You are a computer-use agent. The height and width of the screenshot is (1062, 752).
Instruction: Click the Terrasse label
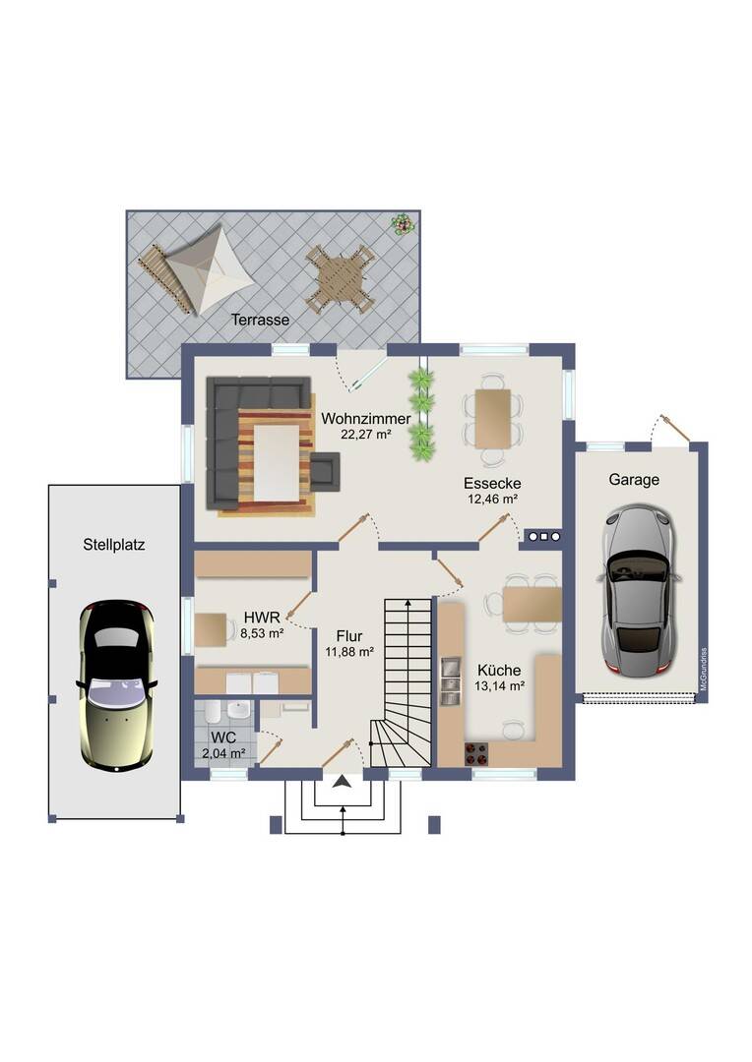point(261,320)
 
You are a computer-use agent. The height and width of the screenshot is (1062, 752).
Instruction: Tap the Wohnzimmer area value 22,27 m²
point(365,435)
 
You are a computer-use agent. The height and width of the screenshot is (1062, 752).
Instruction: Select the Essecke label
point(492,484)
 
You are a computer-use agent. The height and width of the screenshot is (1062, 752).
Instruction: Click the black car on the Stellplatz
point(117,684)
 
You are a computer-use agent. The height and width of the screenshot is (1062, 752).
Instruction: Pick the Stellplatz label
point(114,545)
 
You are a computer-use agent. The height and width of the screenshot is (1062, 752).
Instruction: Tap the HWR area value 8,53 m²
point(262,634)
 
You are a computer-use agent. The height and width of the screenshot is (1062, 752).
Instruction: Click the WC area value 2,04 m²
point(223,752)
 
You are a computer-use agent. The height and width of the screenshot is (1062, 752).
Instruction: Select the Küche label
point(499,671)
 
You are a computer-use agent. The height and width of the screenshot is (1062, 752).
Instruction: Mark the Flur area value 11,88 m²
point(349,652)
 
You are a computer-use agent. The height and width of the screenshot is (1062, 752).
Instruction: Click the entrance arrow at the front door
point(342,783)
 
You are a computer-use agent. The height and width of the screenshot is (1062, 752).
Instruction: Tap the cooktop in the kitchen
point(476,754)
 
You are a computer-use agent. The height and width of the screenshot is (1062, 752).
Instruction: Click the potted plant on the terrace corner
point(402,223)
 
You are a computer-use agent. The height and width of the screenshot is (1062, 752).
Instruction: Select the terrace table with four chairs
point(339,278)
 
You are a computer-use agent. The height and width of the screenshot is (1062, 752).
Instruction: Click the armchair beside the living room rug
point(325,469)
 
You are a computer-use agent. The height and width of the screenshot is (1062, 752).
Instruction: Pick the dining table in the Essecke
point(493,419)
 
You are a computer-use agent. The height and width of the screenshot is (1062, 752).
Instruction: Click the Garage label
point(634,480)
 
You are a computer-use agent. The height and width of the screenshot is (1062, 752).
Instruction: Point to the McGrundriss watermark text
point(704,670)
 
